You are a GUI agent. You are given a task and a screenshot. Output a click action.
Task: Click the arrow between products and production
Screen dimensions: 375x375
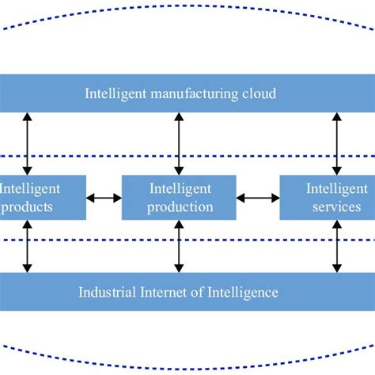tap(103, 197)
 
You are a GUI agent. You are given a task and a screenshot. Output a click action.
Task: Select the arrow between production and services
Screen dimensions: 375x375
tap(258, 197)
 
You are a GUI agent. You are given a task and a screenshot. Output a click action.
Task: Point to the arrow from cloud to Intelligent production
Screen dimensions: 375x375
tap(179, 143)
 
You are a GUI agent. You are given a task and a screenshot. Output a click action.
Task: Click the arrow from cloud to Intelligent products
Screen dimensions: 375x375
tap(28, 143)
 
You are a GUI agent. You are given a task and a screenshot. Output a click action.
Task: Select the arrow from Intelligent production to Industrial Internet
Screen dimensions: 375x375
tap(179, 246)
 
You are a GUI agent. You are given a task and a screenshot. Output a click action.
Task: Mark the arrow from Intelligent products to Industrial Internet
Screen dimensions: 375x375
tap(28, 246)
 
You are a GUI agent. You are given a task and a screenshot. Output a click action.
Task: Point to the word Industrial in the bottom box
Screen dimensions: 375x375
tap(107, 292)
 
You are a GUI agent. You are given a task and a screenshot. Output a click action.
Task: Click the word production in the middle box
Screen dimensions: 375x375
tap(180, 206)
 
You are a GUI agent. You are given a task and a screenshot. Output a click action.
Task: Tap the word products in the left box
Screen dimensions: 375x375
tap(27, 206)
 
